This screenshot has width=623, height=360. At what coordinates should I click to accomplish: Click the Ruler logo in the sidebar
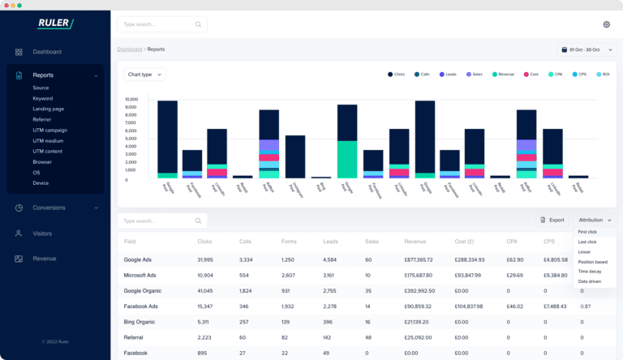pos(55,24)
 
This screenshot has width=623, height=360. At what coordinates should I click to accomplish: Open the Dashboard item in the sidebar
pos(47,52)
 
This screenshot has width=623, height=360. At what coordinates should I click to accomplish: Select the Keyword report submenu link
pos(42,98)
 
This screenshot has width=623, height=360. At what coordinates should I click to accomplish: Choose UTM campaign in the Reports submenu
pos(49,130)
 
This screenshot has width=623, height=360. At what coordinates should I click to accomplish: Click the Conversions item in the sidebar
pos(49,207)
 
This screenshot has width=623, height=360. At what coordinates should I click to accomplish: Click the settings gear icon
pos(606,24)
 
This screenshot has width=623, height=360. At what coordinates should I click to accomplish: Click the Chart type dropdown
pos(144,75)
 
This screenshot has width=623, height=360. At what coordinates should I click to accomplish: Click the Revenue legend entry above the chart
pos(508,75)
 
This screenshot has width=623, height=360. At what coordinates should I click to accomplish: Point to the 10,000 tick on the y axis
pos(131,100)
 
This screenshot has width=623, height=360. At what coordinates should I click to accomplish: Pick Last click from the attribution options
pos(587,242)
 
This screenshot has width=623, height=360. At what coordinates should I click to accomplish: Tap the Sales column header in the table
pos(372,241)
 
